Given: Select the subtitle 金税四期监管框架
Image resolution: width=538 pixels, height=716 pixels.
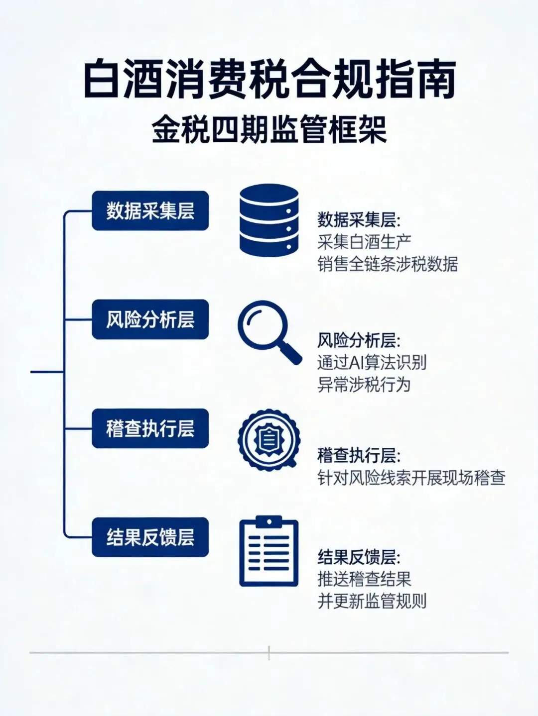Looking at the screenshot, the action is point(269,130).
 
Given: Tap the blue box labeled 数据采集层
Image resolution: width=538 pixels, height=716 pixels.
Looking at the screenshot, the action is point(150,210).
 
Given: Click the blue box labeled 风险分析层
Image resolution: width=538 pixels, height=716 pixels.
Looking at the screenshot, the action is point(150,319).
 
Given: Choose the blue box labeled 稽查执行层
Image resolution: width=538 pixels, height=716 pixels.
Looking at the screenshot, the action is point(150,428).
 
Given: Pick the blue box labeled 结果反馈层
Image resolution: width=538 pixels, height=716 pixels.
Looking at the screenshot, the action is point(150,537).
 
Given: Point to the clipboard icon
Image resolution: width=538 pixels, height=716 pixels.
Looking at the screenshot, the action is point(269,552).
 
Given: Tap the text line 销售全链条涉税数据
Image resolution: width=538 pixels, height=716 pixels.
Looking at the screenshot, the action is point(388,264).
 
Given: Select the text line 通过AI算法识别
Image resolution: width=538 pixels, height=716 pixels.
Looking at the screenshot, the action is point(372,362).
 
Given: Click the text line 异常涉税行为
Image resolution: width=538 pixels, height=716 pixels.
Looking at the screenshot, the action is point(364,385).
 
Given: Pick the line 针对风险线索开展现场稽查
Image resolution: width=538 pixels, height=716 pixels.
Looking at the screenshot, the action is point(411,478).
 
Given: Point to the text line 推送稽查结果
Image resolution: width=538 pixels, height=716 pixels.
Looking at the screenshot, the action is point(364,579).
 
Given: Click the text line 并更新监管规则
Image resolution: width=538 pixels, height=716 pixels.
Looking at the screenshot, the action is point(372,601).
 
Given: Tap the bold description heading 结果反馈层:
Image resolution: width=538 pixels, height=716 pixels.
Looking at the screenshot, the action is point(359,557).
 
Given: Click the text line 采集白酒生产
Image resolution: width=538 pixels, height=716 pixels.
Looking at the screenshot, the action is point(364,242).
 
